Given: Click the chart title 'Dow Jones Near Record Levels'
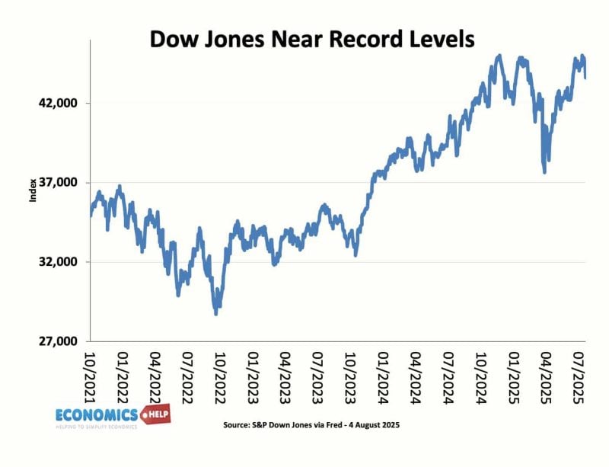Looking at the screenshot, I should pos(311,39).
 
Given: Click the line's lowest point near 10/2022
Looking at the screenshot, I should pos(217,312).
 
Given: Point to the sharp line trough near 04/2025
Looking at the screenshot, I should pos(544,171).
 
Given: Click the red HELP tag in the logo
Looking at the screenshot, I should pos(156,414).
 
